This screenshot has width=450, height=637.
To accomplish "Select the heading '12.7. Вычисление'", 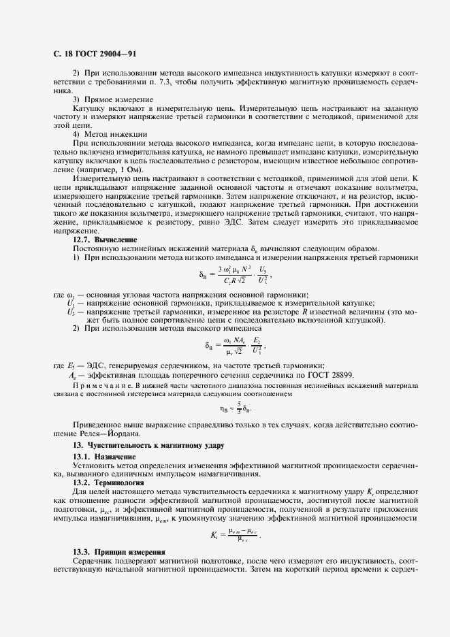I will point(105,240).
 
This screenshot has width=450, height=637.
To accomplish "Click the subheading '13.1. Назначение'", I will point(104,455).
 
